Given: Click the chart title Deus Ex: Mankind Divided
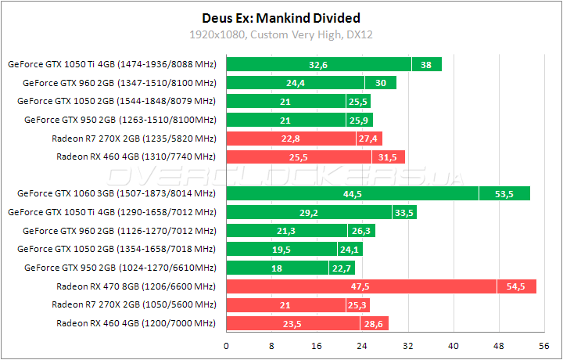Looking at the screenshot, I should click(281, 18).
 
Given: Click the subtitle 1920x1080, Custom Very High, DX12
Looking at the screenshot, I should click(281, 34).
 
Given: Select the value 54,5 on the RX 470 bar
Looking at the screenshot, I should click(516, 286).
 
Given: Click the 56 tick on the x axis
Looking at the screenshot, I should click(543, 345).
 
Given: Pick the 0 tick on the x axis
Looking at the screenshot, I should click(227, 345).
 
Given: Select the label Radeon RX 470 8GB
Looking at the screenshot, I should click(134, 286).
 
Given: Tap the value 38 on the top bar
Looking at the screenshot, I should click(426, 65).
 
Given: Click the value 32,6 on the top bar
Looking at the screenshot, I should click(318, 65).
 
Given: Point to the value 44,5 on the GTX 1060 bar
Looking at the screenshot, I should click(352, 194).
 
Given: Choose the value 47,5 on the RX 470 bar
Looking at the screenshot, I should click(360, 286).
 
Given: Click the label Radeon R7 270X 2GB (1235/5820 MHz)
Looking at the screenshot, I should click(134, 139).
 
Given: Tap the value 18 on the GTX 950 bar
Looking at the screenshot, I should click(277, 268).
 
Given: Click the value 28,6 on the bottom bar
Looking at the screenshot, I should click(372, 323).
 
